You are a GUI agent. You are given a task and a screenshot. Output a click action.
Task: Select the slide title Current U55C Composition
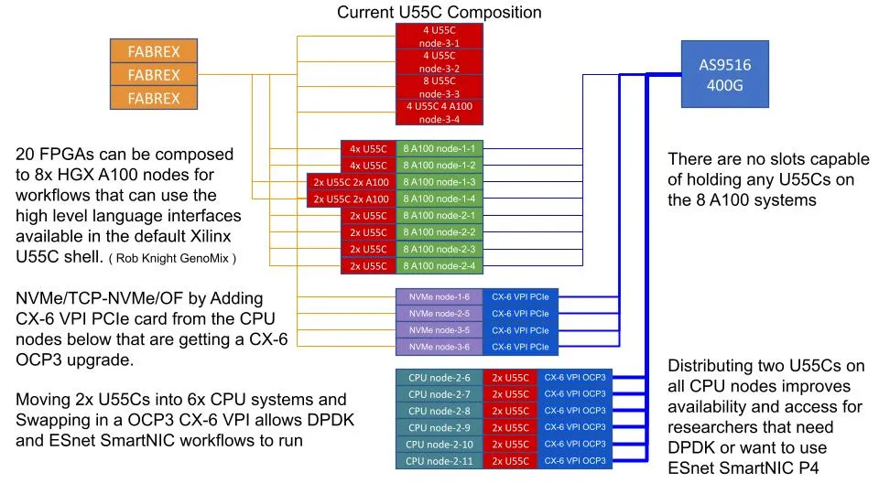pos(439,12)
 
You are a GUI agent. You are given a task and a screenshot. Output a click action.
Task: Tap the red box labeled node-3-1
pos(439,37)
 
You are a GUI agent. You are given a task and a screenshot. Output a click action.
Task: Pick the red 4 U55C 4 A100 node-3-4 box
pos(439,112)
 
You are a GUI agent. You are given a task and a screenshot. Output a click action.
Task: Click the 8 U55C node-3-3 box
pos(439,87)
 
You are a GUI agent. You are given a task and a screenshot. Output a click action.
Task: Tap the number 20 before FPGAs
pos(26,154)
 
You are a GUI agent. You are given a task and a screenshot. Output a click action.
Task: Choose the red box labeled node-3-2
pos(439,62)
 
